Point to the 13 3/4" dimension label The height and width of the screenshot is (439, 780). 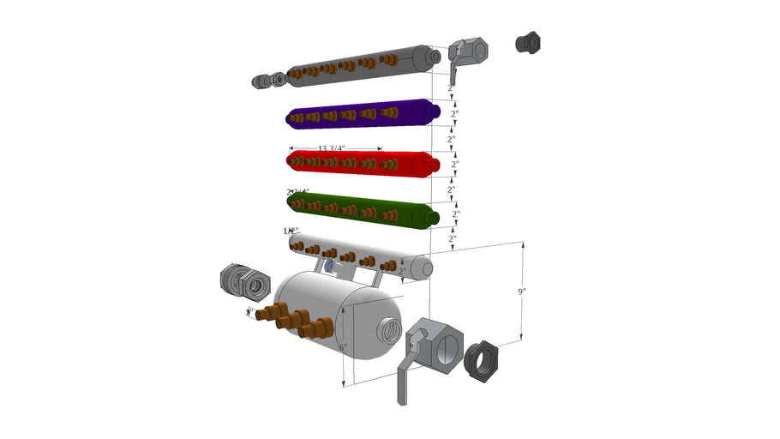(331, 148)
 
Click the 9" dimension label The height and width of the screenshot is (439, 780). (522, 292)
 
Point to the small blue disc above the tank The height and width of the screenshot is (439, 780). (329, 267)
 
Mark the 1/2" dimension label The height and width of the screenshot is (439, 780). (290, 232)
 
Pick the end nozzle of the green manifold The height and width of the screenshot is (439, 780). (434, 214)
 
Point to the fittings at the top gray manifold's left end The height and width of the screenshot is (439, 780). (270, 81)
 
